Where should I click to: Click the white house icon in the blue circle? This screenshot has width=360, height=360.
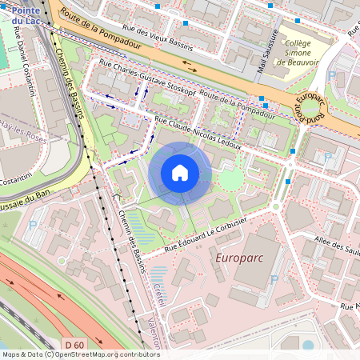point(180,173)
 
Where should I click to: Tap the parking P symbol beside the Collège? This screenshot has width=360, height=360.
point(332,76)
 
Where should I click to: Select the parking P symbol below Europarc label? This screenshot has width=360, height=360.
point(274,280)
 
